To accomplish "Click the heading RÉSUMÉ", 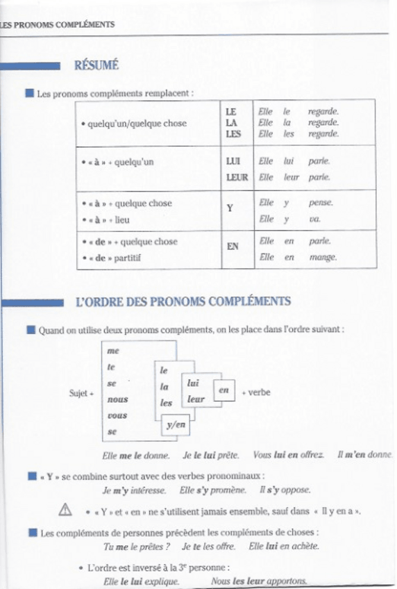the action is tap(96, 66).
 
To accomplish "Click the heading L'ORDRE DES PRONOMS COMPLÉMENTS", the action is tap(183, 302).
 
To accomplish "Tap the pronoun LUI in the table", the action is tap(233, 161).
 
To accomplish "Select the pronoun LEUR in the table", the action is tap(237, 177).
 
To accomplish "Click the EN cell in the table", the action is tap(233, 246).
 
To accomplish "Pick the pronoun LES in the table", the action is tap(233, 134).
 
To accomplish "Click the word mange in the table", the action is tap(322, 257).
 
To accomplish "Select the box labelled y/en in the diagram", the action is tap(176, 426).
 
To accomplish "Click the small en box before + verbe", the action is tap(223, 391).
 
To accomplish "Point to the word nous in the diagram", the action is tap(117, 399).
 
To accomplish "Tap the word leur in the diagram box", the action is tap(196, 399).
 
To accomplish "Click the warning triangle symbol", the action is tap(67, 511).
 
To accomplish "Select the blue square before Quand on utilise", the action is tap(30, 330).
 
